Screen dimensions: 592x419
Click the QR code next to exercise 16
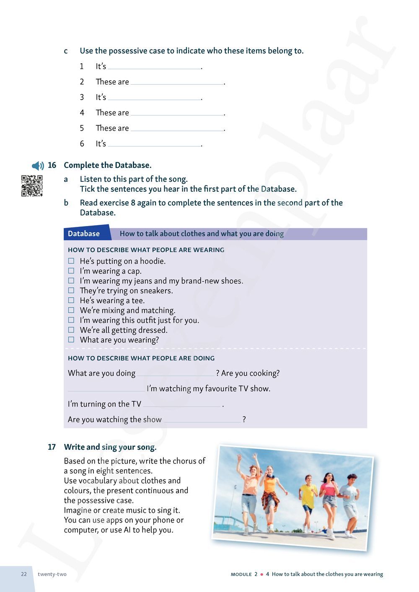click(x=32, y=186)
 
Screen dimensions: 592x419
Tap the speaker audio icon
click(x=38, y=166)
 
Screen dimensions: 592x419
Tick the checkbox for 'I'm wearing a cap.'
click(x=71, y=271)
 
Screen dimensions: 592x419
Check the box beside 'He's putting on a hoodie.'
click(x=71, y=261)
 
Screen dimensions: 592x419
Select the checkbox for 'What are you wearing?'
click(x=71, y=340)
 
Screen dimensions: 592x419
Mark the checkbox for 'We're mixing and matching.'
click(x=71, y=310)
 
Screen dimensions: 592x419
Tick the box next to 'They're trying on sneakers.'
click(x=71, y=291)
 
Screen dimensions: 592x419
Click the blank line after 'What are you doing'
click(x=176, y=373)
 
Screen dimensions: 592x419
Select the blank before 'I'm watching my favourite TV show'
click(x=106, y=389)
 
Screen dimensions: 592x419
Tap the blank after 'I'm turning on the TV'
click(x=182, y=404)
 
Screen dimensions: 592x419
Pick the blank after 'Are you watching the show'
click(x=202, y=420)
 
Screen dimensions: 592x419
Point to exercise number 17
click(x=52, y=447)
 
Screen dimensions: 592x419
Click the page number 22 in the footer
click(x=24, y=574)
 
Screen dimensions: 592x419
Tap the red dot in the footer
click(x=262, y=574)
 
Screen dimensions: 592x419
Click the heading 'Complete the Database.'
click(x=108, y=165)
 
